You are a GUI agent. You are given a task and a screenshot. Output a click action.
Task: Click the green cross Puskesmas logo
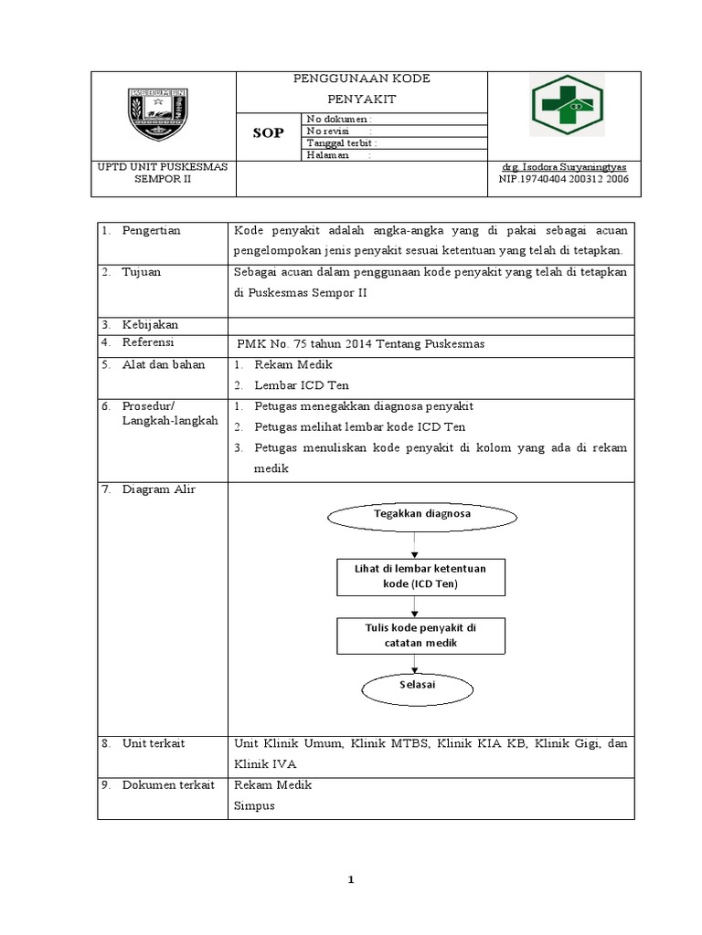pos(566,106)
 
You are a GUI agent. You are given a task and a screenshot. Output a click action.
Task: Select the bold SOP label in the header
pos(268,133)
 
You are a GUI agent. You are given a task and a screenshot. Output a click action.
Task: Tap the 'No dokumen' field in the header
pos(339,119)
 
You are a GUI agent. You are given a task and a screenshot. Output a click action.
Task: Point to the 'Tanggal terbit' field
pos(342,143)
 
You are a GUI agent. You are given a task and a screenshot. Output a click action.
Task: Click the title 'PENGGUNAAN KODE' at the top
pos(361,79)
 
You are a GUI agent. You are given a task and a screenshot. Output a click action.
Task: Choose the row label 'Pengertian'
pos(151,231)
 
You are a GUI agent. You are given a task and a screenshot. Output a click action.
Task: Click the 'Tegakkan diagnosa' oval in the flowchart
pos(422,515)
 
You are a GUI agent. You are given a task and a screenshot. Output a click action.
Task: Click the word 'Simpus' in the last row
pos(253,806)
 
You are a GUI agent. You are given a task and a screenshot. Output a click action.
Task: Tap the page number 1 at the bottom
pos(350,880)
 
